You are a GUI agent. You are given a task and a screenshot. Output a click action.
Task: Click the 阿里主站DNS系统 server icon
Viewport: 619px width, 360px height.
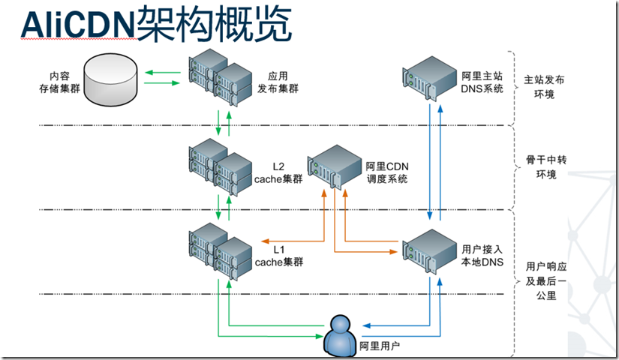point(430,76)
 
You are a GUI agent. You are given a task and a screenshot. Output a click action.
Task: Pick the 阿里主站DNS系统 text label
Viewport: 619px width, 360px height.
point(481,82)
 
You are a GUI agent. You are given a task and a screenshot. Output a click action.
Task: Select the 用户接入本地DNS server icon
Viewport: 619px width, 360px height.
point(429,248)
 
